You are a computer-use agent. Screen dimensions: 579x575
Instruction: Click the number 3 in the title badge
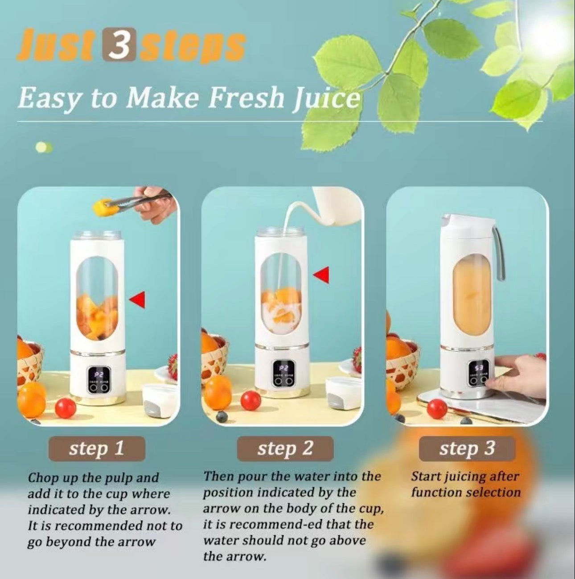click(119, 45)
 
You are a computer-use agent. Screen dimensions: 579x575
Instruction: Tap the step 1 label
click(96, 448)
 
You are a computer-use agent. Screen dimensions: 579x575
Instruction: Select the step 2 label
click(285, 448)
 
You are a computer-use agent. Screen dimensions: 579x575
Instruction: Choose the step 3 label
click(467, 448)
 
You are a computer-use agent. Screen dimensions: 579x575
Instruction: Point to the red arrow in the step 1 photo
click(138, 300)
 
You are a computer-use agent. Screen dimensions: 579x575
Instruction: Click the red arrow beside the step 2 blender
click(322, 275)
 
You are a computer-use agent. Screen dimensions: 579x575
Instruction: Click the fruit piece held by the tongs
click(101, 205)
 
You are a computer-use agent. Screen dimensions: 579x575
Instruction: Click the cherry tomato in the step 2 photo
click(251, 400)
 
